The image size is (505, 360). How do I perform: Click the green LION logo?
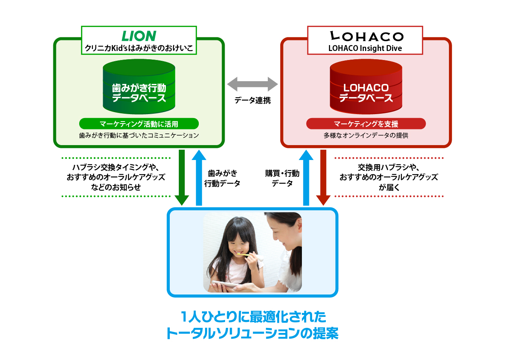pyautogui.click(x=139, y=36)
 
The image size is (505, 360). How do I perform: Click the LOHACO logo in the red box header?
pyautogui.click(x=367, y=36)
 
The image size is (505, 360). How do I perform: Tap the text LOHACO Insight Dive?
pyautogui.click(x=365, y=48)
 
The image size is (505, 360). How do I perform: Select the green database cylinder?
pyautogui.click(x=139, y=87)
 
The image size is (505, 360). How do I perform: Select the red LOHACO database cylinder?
pyautogui.click(x=366, y=87)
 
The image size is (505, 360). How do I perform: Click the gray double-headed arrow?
pyautogui.click(x=252, y=84)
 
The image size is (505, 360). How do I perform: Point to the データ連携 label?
pyautogui.click(x=252, y=100)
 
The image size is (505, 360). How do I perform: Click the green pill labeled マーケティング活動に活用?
pyautogui.click(x=139, y=124)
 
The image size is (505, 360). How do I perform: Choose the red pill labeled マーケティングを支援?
pyautogui.click(x=366, y=124)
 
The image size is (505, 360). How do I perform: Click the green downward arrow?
pyautogui.click(x=182, y=178)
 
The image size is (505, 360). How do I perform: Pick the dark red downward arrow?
pyautogui.click(x=323, y=178)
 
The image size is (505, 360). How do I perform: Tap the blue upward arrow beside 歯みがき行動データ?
pyautogui.click(x=199, y=178)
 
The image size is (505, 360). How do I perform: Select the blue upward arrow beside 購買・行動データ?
pyautogui.click(x=306, y=178)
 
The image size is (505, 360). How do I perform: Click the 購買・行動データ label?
pyautogui.click(x=282, y=178)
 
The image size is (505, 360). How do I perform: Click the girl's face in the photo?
pyautogui.click(x=238, y=244)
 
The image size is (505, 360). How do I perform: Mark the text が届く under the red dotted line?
pyautogui.click(x=389, y=187)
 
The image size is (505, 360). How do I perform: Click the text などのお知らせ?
pyautogui.click(x=116, y=187)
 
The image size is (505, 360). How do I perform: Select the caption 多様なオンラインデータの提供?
pyautogui.click(x=366, y=135)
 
